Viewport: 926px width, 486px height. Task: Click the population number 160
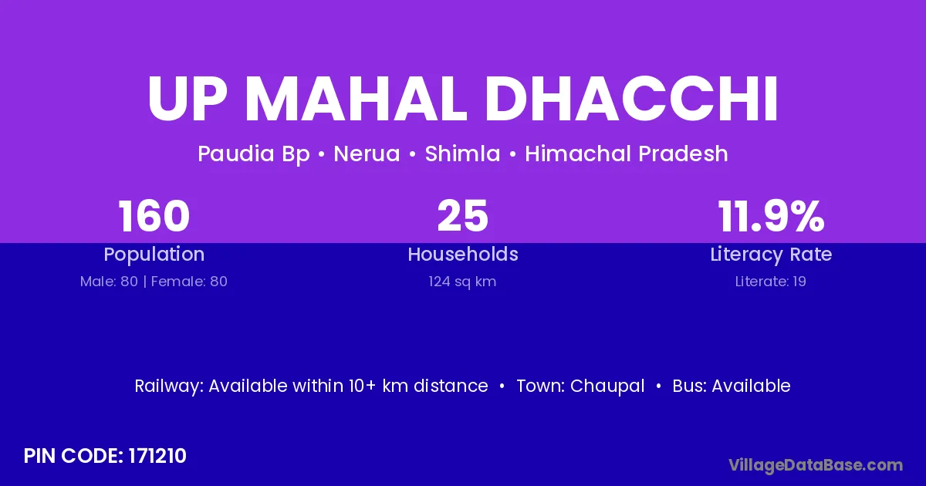point(154,216)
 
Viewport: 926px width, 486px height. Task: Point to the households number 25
point(462,216)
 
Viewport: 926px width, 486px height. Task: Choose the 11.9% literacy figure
point(771,216)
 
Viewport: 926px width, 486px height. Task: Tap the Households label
point(463,254)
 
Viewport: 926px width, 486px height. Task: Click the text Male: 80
point(109,282)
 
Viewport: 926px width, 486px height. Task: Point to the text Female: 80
point(189,282)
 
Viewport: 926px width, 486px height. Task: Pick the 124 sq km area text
point(462,282)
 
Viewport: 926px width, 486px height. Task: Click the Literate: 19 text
point(771,282)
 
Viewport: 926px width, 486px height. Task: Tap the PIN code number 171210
point(157,456)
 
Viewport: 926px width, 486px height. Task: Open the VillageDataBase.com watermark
point(816,465)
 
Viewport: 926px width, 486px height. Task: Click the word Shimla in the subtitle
point(462,154)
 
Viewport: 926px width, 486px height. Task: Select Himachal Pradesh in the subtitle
point(627,154)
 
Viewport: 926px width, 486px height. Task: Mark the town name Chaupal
point(607,386)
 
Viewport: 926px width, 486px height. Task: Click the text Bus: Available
point(732,386)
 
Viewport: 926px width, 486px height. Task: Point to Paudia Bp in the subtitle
point(254,154)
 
